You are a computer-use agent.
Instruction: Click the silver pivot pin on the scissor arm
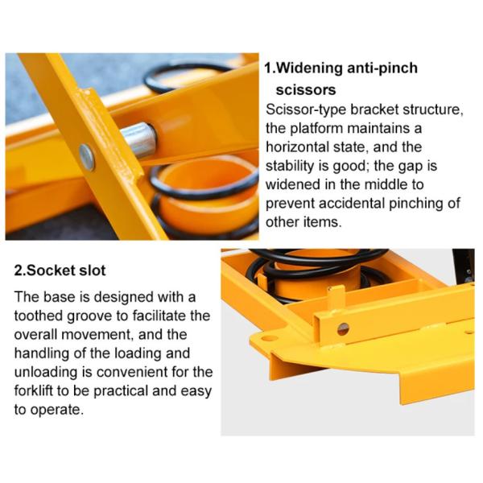(x=139, y=139)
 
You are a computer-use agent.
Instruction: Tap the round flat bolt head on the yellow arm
(x=87, y=157)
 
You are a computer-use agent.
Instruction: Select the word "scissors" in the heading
(x=306, y=90)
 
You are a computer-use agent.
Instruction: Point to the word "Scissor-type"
(x=306, y=110)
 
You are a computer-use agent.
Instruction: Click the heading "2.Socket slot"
(x=60, y=270)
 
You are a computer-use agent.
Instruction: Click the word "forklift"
(x=34, y=390)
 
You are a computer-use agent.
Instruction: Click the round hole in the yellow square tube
(x=343, y=329)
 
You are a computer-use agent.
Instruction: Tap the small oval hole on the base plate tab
(x=269, y=338)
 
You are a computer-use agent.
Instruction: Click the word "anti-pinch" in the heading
(x=382, y=68)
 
